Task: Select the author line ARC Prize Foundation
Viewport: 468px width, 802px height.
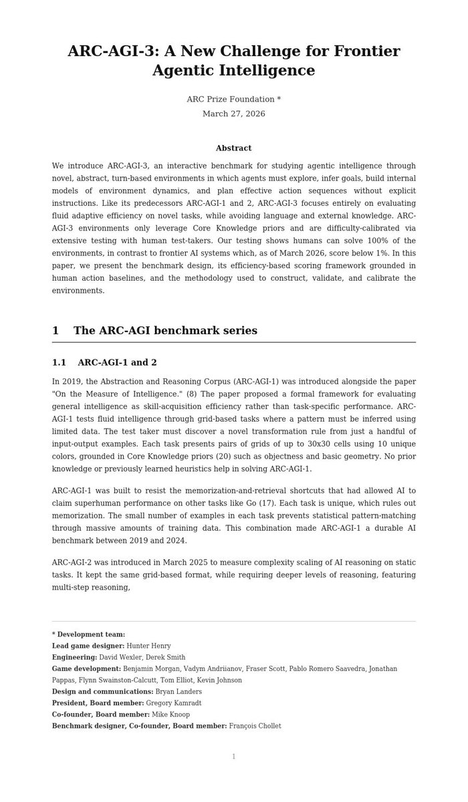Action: coord(233,100)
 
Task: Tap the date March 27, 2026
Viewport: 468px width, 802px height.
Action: coord(233,114)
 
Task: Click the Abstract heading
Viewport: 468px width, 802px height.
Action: coord(233,148)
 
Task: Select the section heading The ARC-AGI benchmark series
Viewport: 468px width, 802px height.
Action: coord(165,331)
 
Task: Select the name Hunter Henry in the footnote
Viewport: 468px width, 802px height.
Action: coord(148,646)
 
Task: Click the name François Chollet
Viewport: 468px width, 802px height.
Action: coord(255,726)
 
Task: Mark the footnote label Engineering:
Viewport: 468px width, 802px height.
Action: coord(74,658)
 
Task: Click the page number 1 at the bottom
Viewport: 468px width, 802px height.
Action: coord(233,757)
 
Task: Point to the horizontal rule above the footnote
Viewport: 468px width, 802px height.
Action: coord(233,622)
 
